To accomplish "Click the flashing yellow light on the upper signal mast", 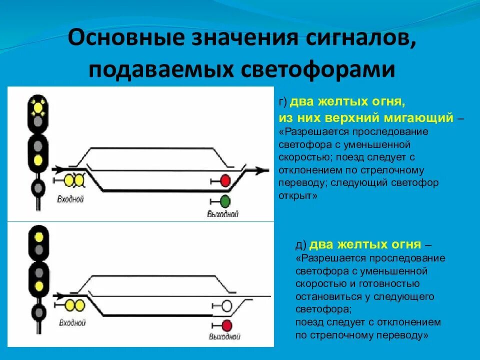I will click(x=37, y=106).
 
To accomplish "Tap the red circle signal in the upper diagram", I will click(x=225, y=180).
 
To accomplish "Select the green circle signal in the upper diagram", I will click(x=225, y=201).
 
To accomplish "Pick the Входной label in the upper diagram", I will click(x=70, y=199).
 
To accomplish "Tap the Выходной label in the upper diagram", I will click(x=223, y=214).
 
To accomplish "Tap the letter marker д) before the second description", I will click(x=301, y=245).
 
